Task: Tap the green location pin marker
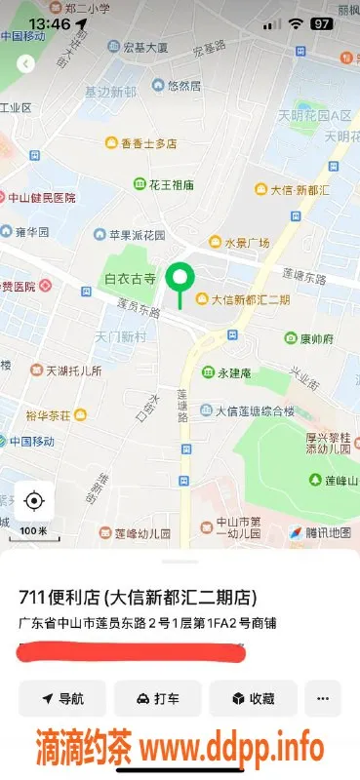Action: coord(179,280)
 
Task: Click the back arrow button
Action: coord(26,63)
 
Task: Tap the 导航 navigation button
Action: coord(62,698)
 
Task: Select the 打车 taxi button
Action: coord(157,698)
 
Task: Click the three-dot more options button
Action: coord(322,698)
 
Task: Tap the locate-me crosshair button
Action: coord(34,501)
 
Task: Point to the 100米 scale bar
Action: coord(33,529)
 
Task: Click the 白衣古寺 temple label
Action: coord(129,280)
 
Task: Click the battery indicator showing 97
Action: coord(321,22)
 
